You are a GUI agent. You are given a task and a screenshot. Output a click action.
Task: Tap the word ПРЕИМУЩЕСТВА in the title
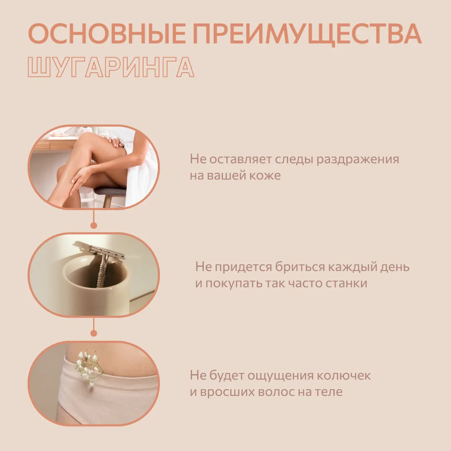click(x=307, y=35)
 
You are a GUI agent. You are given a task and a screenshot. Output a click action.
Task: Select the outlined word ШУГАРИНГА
click(x=111, y=67)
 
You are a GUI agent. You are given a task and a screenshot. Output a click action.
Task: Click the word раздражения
click(x=357, y=160)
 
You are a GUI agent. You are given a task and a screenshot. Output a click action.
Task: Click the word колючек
click(x=344, y=376)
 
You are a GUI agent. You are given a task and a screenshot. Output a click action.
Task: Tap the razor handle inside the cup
click(x=101, y=271)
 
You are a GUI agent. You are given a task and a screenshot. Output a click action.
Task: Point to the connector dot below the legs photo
click(x=94, y=225)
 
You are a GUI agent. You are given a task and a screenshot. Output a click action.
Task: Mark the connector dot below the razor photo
click(x=94, y=333)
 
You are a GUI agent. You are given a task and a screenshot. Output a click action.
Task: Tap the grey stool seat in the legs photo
click(x=111, y=191)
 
